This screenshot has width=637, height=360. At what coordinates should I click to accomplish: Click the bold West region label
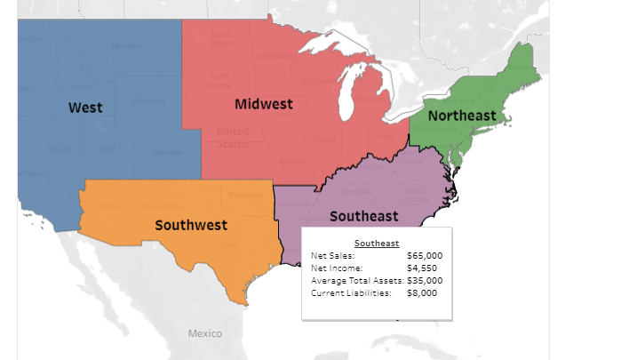tap(85, 108)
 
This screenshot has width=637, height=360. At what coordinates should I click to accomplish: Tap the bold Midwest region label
tap(264, 104)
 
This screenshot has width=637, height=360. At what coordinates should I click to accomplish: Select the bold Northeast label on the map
tap(462, 116)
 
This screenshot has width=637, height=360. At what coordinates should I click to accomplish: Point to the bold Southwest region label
tap(191, 225)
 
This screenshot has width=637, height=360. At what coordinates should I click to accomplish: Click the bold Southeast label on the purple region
tap(363, 216)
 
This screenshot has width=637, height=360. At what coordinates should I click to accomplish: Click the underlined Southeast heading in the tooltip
tap(377, 243)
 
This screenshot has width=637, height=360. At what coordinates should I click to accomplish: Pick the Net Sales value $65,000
tap(424, 256)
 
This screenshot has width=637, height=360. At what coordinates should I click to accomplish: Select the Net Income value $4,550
tap(421, 268)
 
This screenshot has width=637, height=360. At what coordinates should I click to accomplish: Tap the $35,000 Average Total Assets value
tap(424, 280)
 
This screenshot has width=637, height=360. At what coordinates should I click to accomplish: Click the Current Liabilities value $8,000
tap(421, 292)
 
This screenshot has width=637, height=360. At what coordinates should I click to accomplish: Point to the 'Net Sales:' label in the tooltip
tap(332, 256)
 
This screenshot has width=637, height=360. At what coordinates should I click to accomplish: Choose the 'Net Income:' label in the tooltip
tap(336, 268)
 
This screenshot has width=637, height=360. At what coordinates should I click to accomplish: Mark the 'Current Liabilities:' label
tap(351, 292)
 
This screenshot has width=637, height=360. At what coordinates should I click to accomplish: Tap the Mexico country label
tap(204, 333)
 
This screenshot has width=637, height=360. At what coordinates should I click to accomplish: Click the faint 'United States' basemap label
tap(233, 138)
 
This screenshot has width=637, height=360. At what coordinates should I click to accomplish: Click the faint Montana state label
tap(125, 46)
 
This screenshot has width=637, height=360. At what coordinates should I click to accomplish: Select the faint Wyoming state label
tap(148, 100)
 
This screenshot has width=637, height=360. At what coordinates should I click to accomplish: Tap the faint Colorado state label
tap(168, 152)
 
